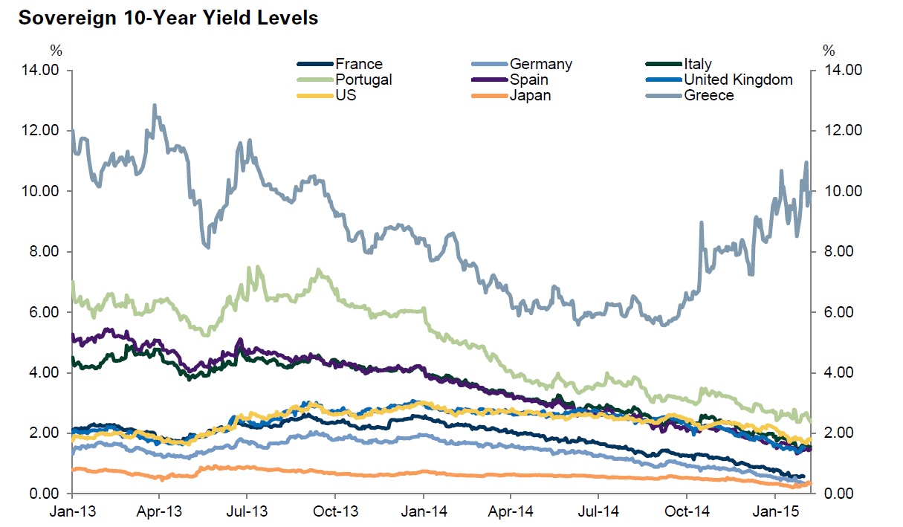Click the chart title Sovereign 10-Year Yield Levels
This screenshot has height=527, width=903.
click(168, 18)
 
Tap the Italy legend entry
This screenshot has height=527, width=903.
click(697, 64)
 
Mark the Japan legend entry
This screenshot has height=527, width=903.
click(530, 95)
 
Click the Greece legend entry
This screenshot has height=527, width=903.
click(708, 95)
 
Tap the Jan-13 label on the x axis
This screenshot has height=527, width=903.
click(72, 513)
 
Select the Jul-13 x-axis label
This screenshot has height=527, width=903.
click(247, 513)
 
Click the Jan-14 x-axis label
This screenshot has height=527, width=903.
click(423, 513)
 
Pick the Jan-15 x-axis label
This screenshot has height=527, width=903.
click(775, 513)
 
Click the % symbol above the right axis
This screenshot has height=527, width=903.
click(829, 51)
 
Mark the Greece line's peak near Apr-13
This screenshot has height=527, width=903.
click(155, 106)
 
